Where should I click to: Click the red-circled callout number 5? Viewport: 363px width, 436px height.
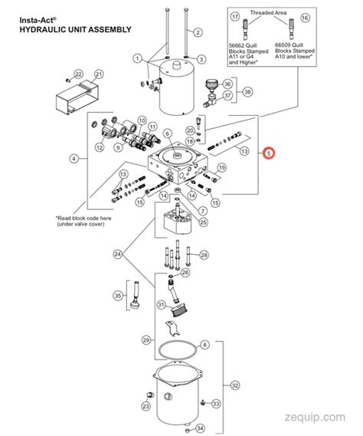(x=269, y=153)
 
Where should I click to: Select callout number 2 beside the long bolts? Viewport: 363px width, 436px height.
(x=197, y=31)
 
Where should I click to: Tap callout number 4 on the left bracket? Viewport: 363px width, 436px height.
(x=74, y=159)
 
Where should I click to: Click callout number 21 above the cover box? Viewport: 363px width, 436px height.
(x=98, y=74)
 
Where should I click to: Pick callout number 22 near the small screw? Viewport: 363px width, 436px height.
(x=77, y=73)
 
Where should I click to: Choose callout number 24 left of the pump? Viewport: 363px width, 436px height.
(x=117, y=254)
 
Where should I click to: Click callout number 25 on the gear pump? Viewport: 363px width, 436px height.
(x=202, y=222)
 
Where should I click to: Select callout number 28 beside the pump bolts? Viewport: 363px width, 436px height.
(x=203, y=254)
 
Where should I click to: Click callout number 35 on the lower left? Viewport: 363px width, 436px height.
(x=117, y=295)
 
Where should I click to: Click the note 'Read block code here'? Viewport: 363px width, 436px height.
(x=85, y=218)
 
